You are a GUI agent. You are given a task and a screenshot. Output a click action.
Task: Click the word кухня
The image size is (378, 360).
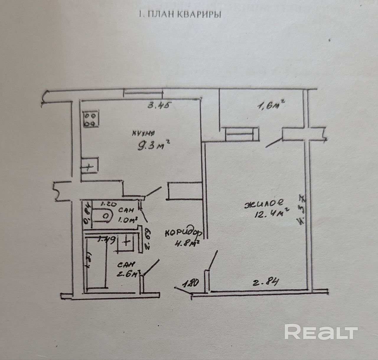coord(144,133)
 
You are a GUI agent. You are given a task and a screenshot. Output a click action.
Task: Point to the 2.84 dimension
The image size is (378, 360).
coord(265,283)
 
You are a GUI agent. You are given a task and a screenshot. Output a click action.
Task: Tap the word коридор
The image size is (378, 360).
coord(183,233)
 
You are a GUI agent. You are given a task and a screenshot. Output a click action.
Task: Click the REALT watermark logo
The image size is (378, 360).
coord(321,332)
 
